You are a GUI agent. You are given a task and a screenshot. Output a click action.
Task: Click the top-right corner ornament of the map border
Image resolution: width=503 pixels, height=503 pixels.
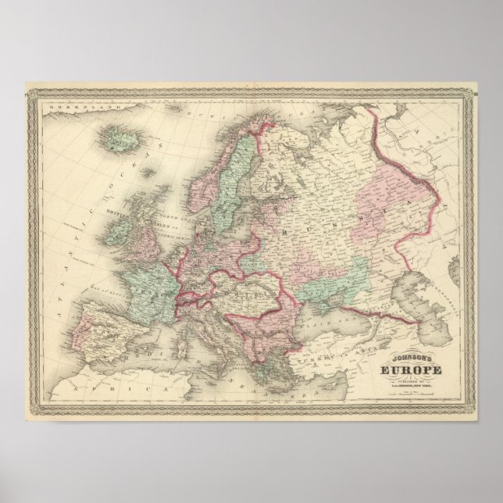click(x=470, y=91)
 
